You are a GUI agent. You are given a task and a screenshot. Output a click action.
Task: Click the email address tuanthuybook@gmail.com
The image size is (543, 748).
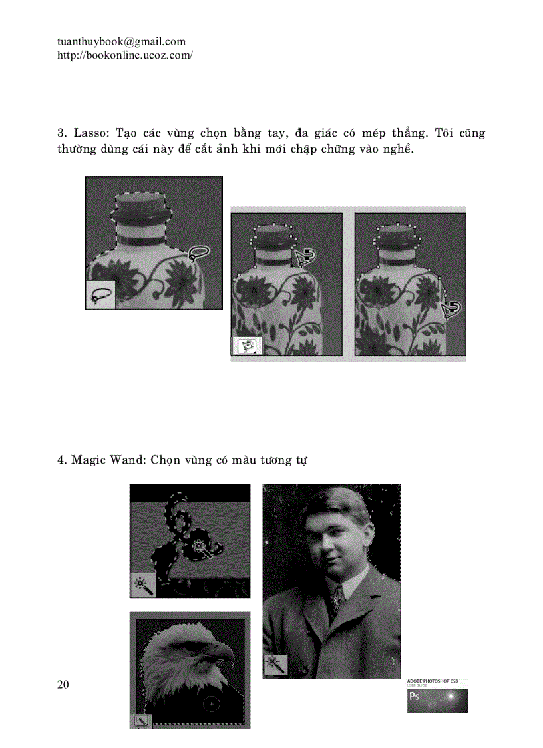(121, 42)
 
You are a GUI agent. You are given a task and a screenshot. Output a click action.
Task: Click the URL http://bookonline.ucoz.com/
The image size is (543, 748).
(125, 55)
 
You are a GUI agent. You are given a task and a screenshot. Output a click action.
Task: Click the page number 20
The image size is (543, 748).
(63, 685)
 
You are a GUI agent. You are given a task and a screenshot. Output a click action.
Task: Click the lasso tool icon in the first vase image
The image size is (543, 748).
(100, 295)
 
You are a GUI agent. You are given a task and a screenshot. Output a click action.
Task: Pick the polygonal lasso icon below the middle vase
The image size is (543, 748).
(247, 346)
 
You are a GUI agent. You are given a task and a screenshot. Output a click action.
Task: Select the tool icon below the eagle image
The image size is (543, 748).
(141, 721)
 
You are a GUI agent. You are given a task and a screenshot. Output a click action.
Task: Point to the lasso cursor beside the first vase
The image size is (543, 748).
(198, 252)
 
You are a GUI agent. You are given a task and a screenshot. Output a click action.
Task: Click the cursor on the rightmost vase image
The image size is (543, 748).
(452, 308)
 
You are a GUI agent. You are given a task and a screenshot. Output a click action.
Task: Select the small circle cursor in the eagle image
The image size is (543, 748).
(210, 703)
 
